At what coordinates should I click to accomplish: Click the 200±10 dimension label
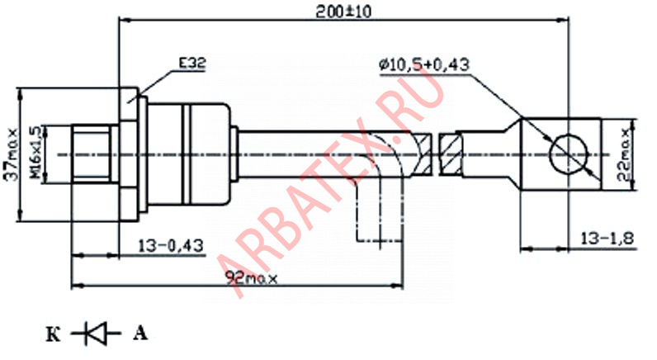[x=343, y=12]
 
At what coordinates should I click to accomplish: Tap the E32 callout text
[x=192, y=64]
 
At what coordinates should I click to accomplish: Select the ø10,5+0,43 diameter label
[x=423, y=64]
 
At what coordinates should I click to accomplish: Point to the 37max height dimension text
[x=12, y=154]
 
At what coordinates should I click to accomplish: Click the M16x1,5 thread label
[x=37, y=154]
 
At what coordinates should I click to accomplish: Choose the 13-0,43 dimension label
[x=171, y=245]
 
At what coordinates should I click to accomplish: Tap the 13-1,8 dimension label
[x=607, y=239]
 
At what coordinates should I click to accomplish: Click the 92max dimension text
[x=252, y=277]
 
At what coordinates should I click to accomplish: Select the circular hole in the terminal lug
[x=569, y=154]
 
